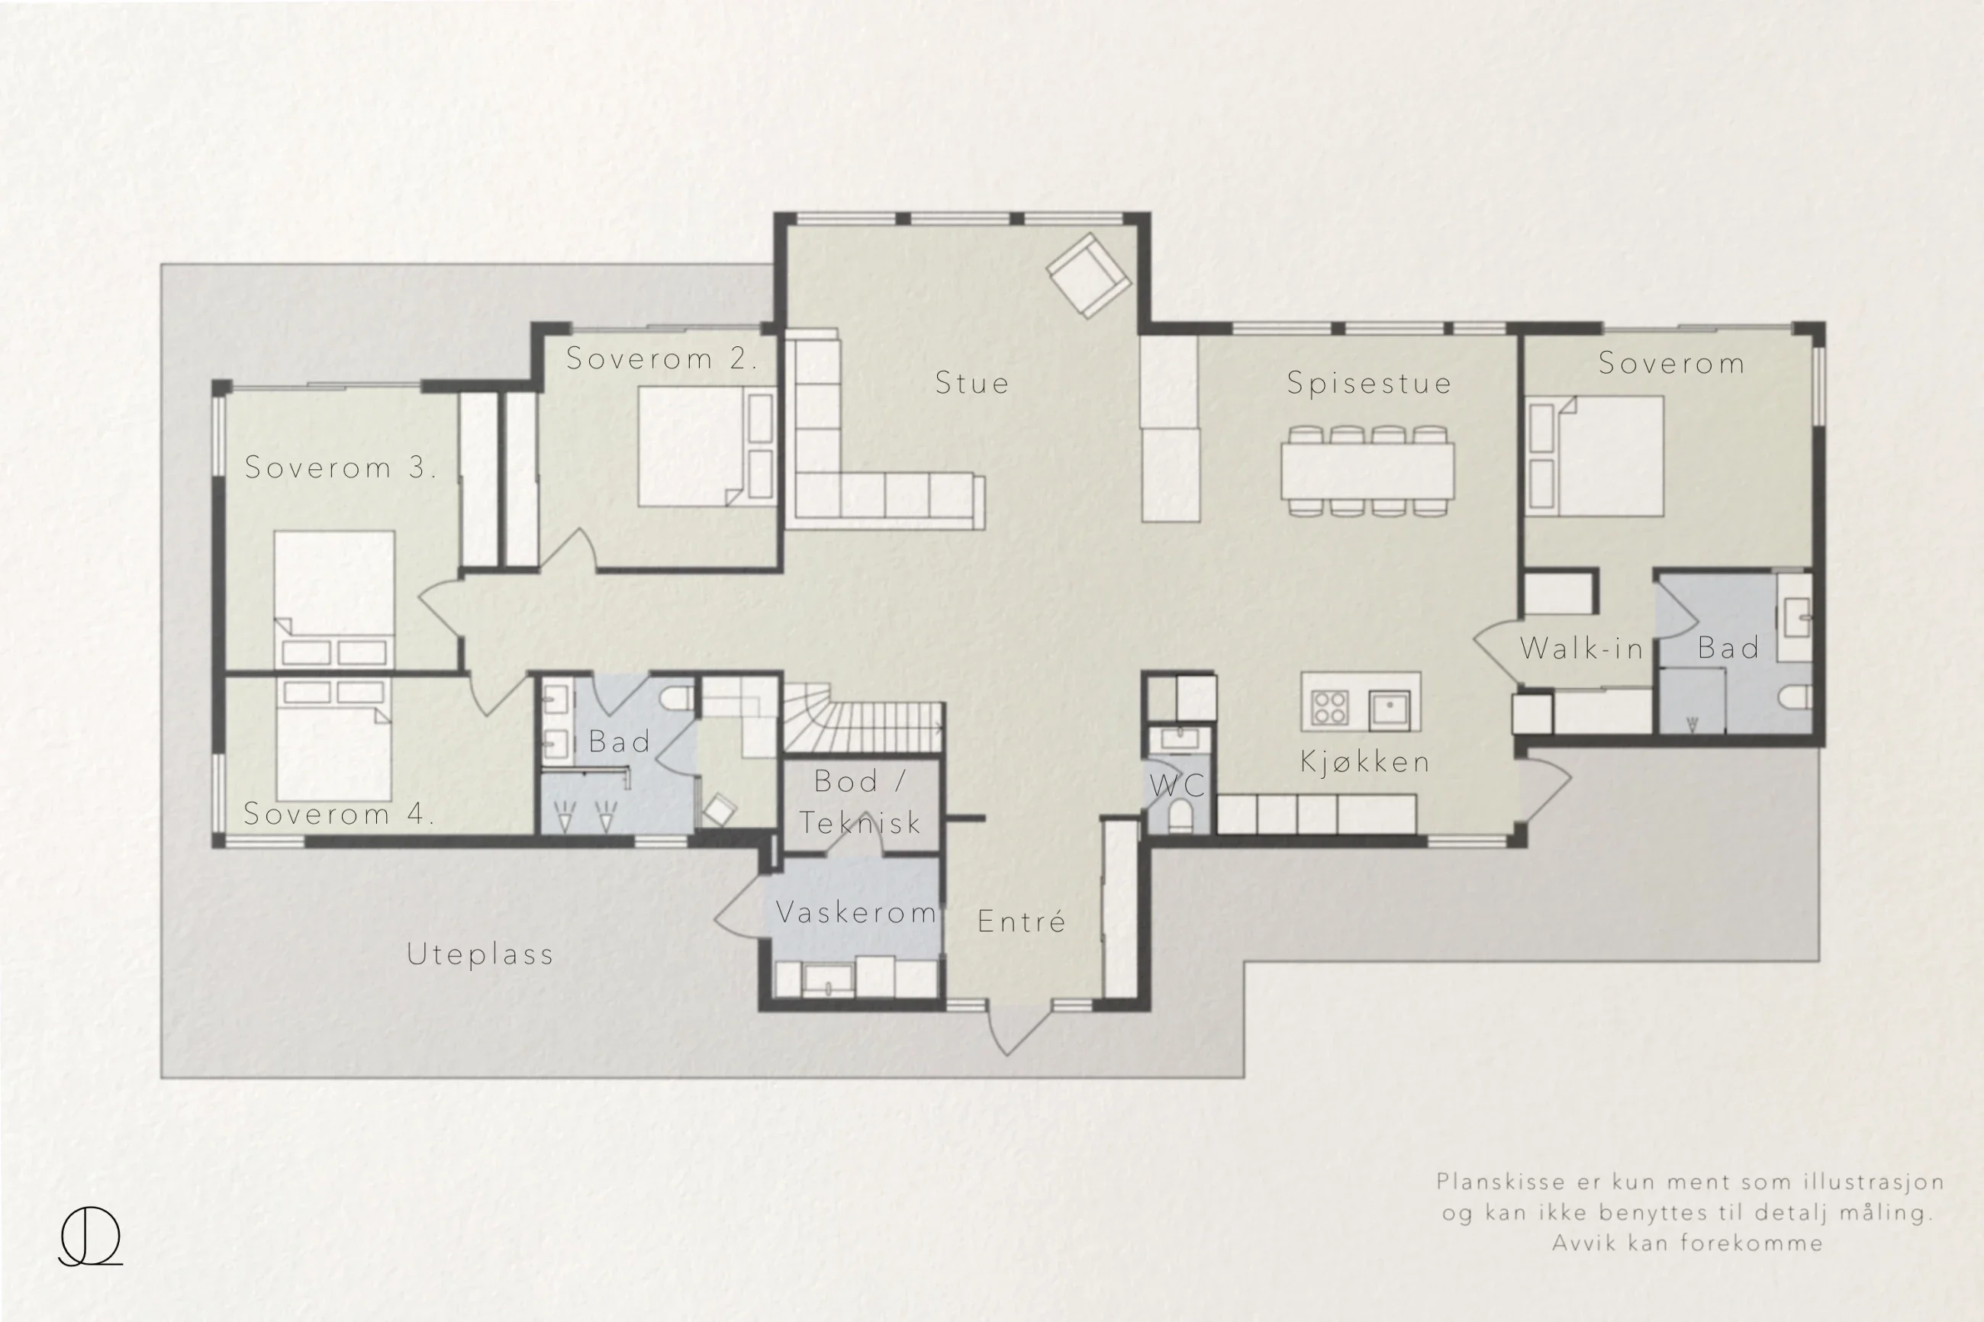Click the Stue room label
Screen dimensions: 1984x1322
pyautogui.click(x=971, y=384)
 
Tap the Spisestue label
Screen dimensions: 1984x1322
pyautogui.click(x=1369, y=384)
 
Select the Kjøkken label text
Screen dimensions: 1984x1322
pyautogui.click(x=1365, y=763)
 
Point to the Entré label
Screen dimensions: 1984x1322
pyautogui.click(x=1021, y=921)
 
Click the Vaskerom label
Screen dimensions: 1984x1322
pyautogui.click(x=856, y=912)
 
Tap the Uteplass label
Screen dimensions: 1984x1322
pyautogui.click(x=480, y=954)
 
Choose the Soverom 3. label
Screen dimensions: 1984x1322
pyautogui.click(x=340, y=468)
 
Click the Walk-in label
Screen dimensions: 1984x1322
pyautogui.click(x=1582, y=648)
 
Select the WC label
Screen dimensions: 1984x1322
pyautogui.click(x=1177, y=786)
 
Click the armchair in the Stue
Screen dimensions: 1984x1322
pyautogui.click(x=1089, y=275)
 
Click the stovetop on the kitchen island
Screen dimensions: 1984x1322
pyautogui.click(x=1330, y=707)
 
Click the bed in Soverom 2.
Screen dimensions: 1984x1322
pyautogui.click(x=707, y=446)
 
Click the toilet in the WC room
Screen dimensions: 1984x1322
pyautogui.click(x=1180, y=817)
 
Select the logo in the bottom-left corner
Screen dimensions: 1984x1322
pyautogui.click(x=90, y=1236)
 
